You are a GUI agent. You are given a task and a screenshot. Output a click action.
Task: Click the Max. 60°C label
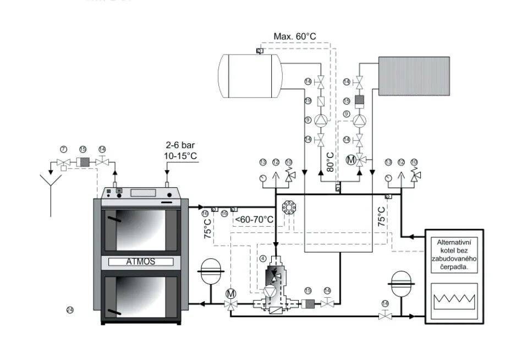point(295,37)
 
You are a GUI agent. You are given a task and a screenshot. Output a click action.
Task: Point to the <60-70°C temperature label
point(254,219)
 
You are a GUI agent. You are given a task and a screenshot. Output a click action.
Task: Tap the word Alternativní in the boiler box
point(457,242)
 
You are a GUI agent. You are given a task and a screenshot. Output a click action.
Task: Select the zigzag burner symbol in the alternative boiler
point(454,301)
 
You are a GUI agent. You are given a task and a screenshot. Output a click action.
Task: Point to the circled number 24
point(69,310)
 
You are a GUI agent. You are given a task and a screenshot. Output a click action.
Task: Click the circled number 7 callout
point(63,150)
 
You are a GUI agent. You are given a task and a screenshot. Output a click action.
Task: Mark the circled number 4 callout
point(262,258)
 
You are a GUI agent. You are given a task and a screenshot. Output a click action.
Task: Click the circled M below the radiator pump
point(350,160)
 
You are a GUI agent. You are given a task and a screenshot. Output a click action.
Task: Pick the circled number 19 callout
point(224,213)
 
